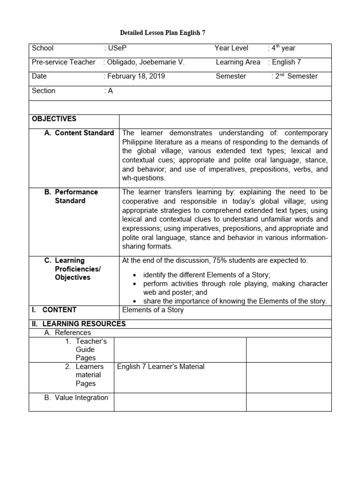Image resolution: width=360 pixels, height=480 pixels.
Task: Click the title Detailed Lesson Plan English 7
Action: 163,33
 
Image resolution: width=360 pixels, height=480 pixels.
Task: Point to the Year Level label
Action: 232,48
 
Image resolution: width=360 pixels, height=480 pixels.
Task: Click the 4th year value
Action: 283,48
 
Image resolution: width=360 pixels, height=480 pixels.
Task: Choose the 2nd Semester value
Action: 296,76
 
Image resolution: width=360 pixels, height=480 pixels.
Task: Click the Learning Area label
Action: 238,62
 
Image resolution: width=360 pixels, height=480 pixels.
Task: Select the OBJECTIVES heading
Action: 54,119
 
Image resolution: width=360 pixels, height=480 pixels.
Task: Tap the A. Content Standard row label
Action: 79,133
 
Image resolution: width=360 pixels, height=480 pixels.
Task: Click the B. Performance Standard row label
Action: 71,196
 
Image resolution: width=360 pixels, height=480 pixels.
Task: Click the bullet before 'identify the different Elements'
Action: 135,275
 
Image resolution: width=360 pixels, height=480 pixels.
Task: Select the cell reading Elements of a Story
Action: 153,310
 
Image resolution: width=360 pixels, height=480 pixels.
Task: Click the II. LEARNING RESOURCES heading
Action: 78,323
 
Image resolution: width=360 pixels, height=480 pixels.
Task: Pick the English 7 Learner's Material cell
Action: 161,367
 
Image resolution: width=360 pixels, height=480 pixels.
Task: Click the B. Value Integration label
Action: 76,397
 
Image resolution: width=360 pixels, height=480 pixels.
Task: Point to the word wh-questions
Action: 144,178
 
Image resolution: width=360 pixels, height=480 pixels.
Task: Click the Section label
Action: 44,90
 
